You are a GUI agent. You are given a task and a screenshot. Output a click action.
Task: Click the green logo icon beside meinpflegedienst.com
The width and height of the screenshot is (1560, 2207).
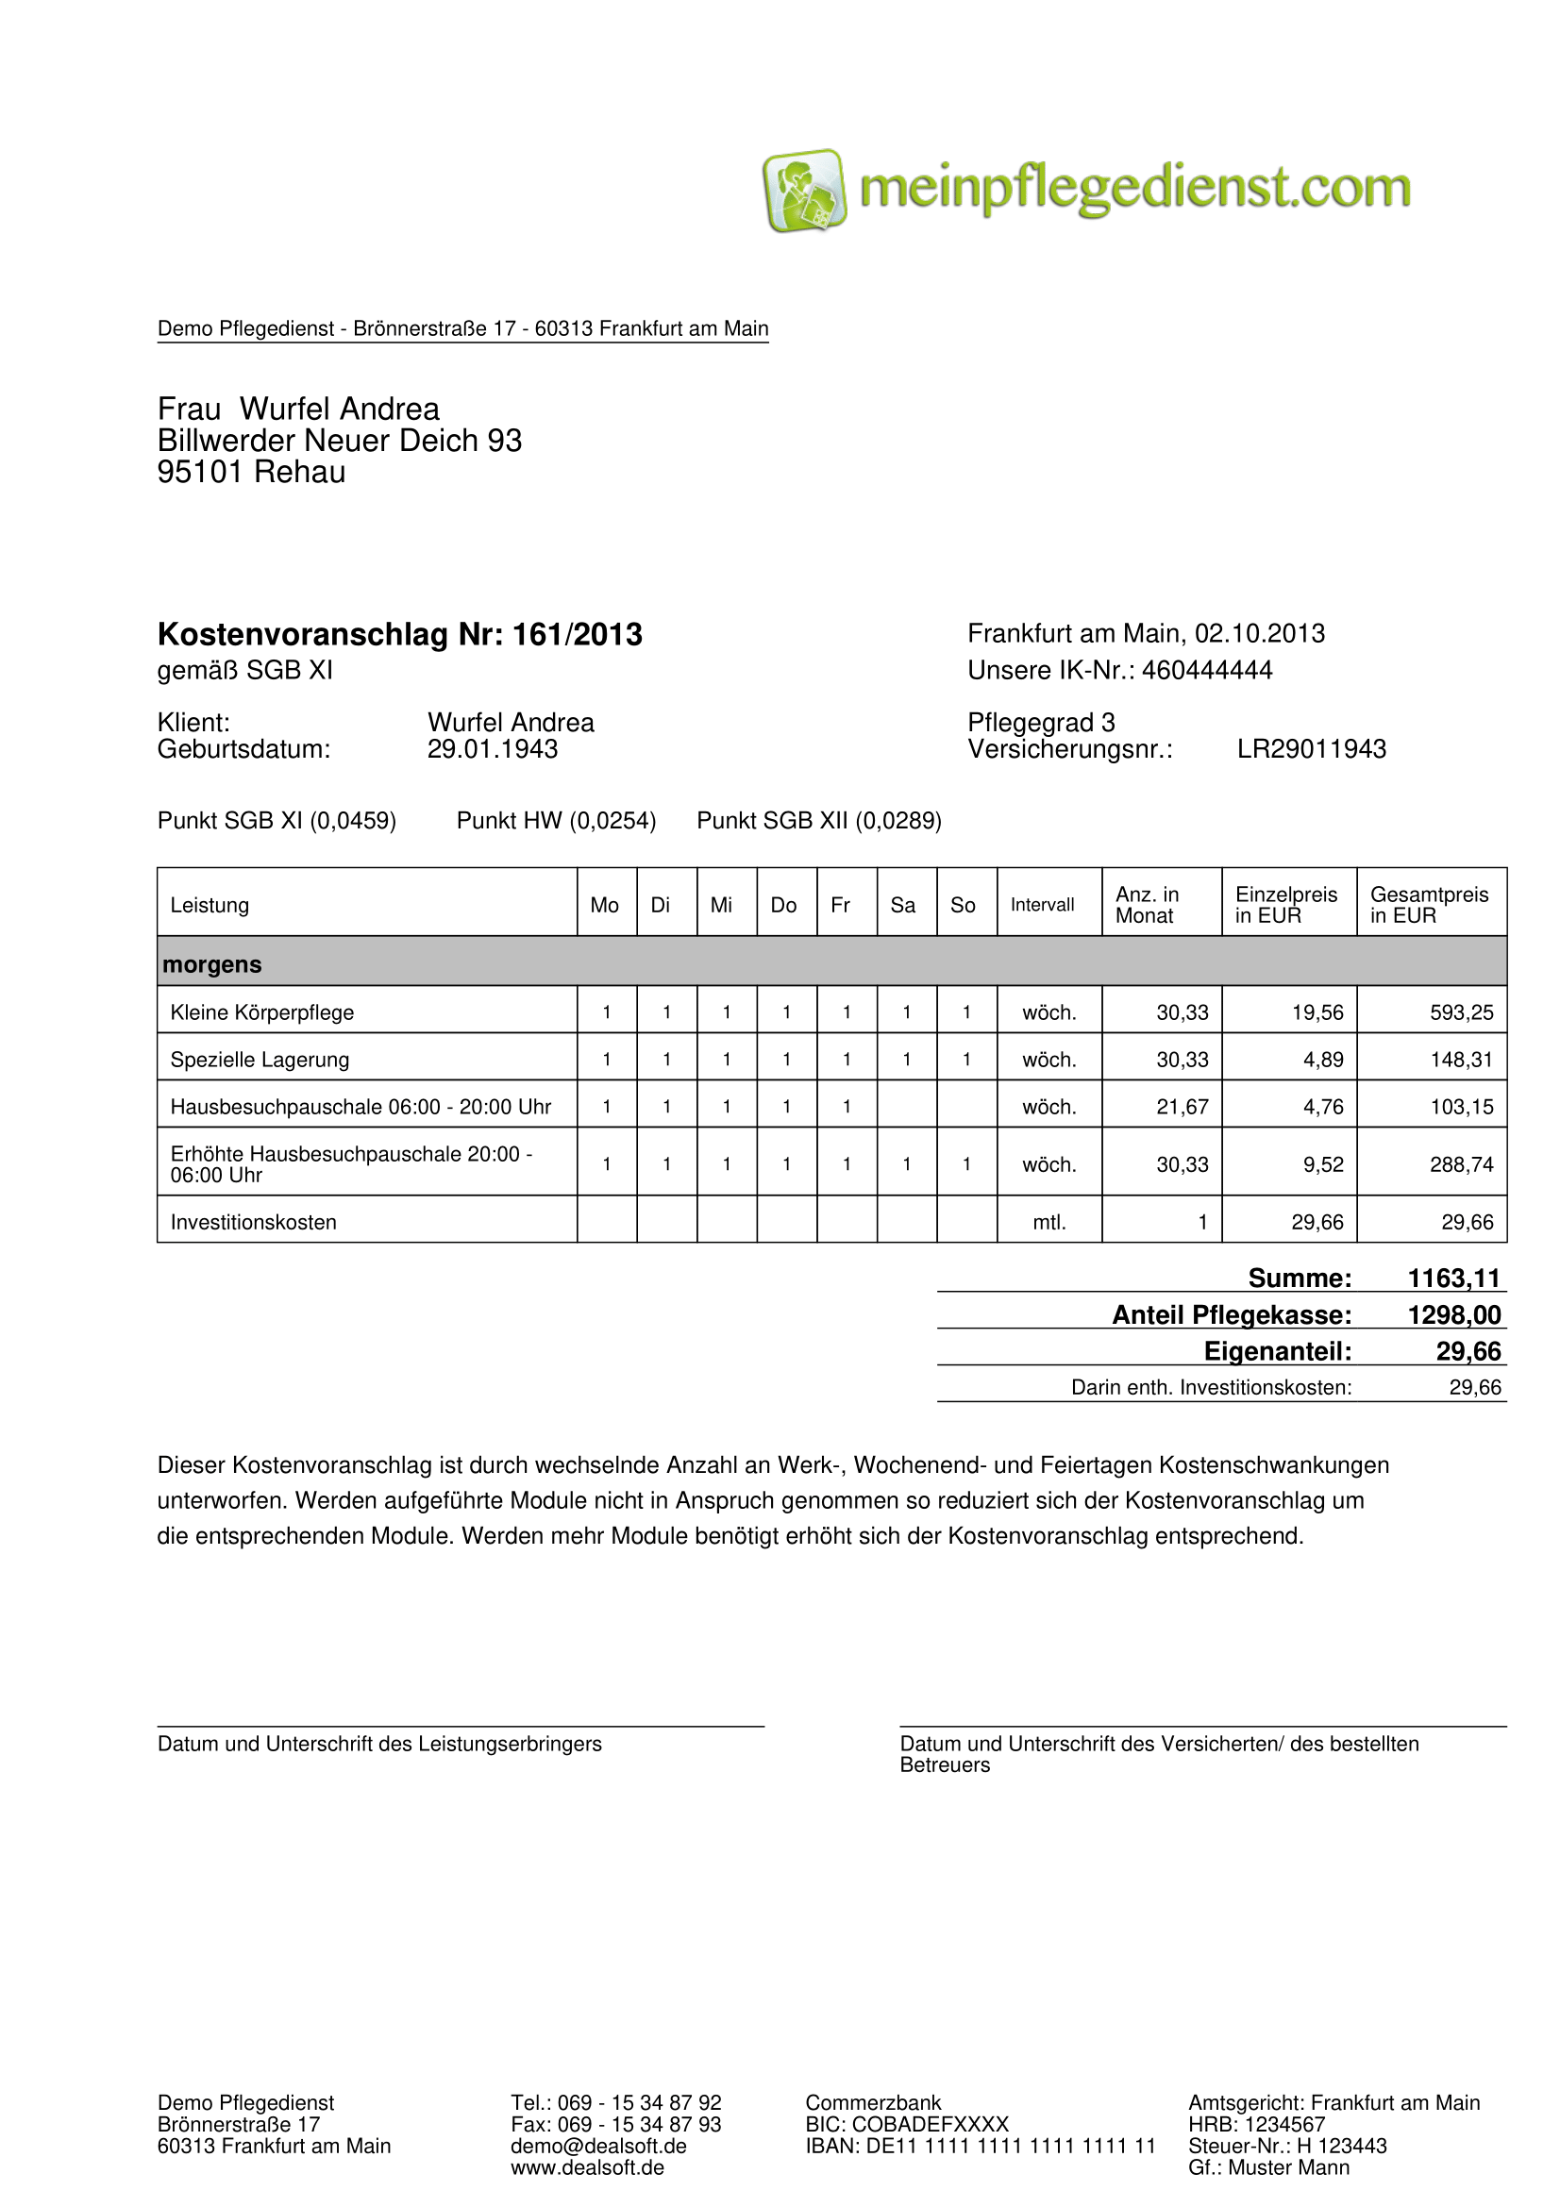tap(803, 190)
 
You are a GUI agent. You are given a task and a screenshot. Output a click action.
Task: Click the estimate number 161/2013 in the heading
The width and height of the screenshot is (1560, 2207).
tap(577, 634)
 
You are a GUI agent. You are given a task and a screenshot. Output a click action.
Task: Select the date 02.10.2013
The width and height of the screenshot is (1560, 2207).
tap(1259, 633)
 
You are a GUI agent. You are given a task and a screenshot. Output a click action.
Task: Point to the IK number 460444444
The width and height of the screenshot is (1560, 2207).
tap(1206, 670)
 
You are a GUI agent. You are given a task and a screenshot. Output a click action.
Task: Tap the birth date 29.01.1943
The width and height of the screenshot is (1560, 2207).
tap(492, 749)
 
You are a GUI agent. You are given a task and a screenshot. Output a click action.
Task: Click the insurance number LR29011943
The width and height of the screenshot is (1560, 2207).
tap(1311, 749)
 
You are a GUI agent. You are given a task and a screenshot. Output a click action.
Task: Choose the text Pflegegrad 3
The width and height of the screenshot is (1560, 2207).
tap(1041, 722)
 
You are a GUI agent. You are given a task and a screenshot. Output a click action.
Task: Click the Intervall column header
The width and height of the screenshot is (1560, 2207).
tap(1042, 905)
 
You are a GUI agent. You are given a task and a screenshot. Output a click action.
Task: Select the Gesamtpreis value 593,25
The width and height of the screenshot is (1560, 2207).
tap(1461, 1012)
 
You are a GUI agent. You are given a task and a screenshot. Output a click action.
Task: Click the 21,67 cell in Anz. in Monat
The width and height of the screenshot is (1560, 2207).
tap(1182, 1107)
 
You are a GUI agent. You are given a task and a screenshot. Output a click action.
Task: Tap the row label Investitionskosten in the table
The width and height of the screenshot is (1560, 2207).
tap(253, 1222)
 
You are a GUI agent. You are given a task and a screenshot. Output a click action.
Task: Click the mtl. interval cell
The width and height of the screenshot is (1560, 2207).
tap(1048, 1222)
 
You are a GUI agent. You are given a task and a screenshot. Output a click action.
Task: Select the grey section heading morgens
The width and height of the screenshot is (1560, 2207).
tap(211, 964)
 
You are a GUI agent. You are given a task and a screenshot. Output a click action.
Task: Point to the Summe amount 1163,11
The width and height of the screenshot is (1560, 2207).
tap(1453, 1278)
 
